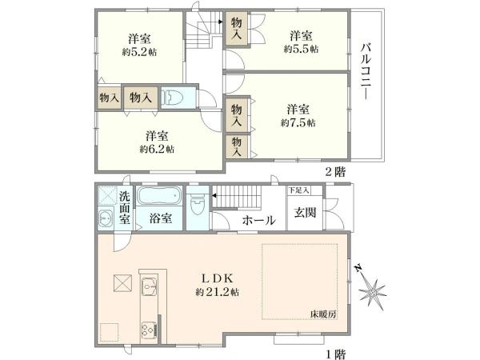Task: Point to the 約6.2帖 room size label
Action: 157,149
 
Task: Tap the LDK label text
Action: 216,278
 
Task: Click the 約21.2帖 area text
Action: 216,293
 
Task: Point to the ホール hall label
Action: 259,220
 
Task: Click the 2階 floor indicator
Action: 334,172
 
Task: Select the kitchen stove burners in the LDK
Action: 150,329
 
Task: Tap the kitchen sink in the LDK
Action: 150,286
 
